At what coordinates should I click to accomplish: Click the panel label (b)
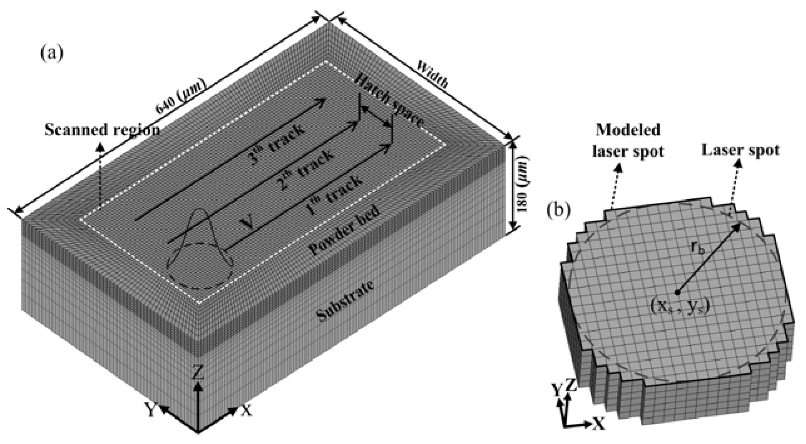(558, 210)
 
